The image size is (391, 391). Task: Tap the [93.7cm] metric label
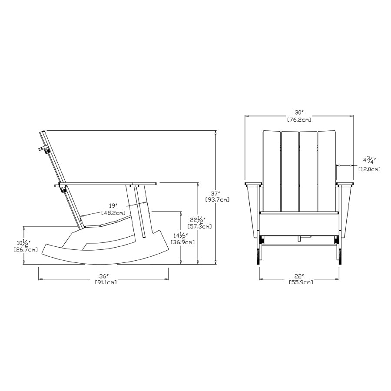point(217,199)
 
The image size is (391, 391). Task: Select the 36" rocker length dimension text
point(103,276)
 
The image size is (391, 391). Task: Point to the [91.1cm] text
point(105,282)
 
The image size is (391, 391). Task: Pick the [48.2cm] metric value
point(113,213)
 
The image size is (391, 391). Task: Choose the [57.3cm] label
point(199,226)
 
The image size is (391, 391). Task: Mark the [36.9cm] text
point(182,242)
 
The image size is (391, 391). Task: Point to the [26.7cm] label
point(26,249)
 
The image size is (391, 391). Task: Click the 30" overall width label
point(299,112)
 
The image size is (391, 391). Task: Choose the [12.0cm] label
point(369,169)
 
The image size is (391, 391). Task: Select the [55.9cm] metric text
point(301,282)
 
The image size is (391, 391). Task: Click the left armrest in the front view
point(253,185)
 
